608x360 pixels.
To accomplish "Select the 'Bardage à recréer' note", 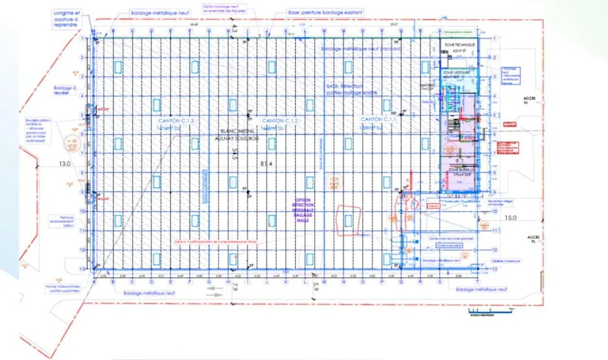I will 64,91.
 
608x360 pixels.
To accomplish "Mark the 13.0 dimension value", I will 65,164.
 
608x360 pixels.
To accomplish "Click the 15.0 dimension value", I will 510,217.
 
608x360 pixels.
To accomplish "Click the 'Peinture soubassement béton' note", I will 62,220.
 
